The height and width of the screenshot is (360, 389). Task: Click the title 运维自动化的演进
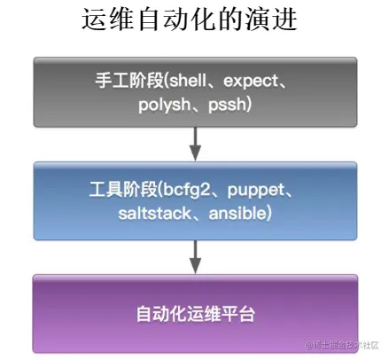point(194,21)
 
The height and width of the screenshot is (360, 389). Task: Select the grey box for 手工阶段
point(196,92)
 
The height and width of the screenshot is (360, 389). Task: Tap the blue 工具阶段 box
point(196,202)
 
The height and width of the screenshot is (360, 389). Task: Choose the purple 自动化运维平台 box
point(196,312)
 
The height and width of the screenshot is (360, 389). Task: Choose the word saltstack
point(155,214)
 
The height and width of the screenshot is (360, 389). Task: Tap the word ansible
point(237,214)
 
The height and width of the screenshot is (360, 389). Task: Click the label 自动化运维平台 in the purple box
point(196,313)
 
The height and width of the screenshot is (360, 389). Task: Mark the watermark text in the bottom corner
point(345,345)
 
